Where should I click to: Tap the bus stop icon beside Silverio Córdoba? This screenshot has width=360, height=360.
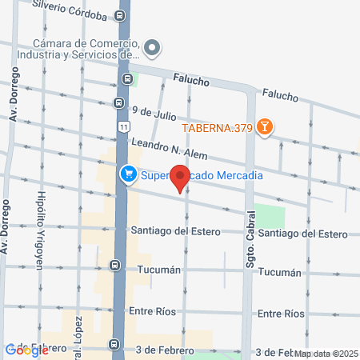click(x=120, y=15)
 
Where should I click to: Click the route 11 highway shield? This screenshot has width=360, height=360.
click(x=122, y=127)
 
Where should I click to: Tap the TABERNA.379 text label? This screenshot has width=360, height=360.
click(x=216, y=127)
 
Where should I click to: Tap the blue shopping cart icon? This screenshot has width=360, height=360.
click(x=128, y=174)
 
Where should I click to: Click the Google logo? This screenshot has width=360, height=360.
click(x=26, y=350)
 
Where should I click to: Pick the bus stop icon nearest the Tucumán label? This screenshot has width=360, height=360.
click(x=116, y=265)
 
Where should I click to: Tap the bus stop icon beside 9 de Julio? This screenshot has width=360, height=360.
click(x=118, y=102)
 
